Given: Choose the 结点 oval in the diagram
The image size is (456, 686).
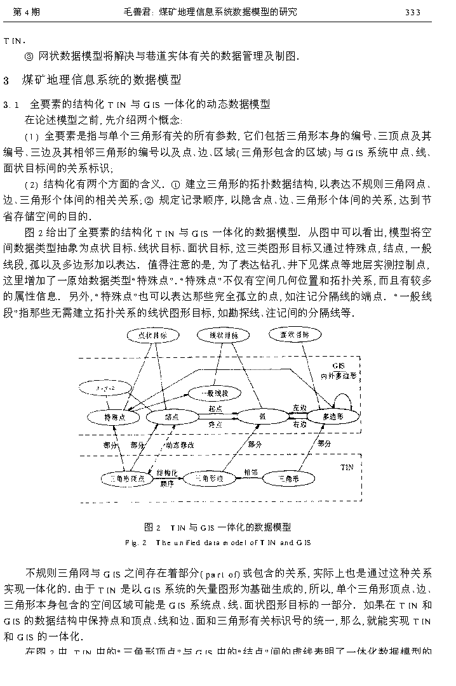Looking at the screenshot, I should (x=171, y=417).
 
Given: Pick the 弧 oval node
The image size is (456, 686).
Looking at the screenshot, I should (x=262, y=417).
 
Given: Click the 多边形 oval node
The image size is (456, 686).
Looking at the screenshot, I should (x=333, y=417).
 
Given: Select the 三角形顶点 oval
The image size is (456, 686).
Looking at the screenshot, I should (x=127, y=478).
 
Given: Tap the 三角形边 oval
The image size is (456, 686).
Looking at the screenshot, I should (x=209, y=477).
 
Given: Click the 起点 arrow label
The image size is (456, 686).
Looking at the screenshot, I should (x=215, y=409).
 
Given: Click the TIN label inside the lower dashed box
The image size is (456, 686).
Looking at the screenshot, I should (x=347, y=466).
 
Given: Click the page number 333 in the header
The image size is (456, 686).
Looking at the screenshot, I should (x=413, y=11).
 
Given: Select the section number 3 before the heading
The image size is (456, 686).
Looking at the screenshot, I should (x=6, y=80).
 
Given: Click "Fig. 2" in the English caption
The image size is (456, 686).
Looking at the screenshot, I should (x=135, y=543).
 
